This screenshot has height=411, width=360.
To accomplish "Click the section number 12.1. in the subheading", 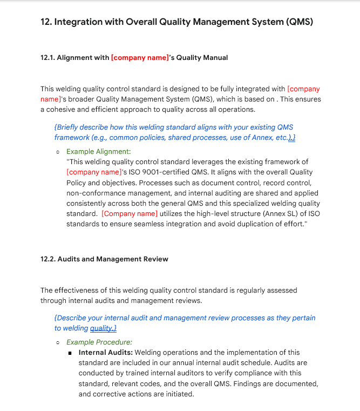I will tap(47, 58).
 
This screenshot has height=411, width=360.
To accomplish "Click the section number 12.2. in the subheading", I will tap(47, 259).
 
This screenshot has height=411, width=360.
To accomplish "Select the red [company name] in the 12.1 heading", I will tap(140, 58).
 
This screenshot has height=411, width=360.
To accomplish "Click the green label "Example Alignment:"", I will tap(98, 152).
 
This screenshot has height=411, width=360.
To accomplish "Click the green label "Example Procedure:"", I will tap(99, 342).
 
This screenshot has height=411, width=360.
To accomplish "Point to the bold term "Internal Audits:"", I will tap(109, 353).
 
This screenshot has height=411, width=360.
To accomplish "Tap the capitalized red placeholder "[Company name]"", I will tap(130, 213).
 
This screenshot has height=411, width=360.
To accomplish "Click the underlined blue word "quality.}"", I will tap(103, 328).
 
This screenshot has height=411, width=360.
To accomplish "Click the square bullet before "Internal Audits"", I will tap(70, 353).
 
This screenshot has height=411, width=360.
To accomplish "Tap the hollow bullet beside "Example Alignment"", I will tap(57, 152).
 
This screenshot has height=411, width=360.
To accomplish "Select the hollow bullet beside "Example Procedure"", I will tap(57, 342).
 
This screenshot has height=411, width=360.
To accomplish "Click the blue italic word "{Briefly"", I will tap(69, 127).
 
